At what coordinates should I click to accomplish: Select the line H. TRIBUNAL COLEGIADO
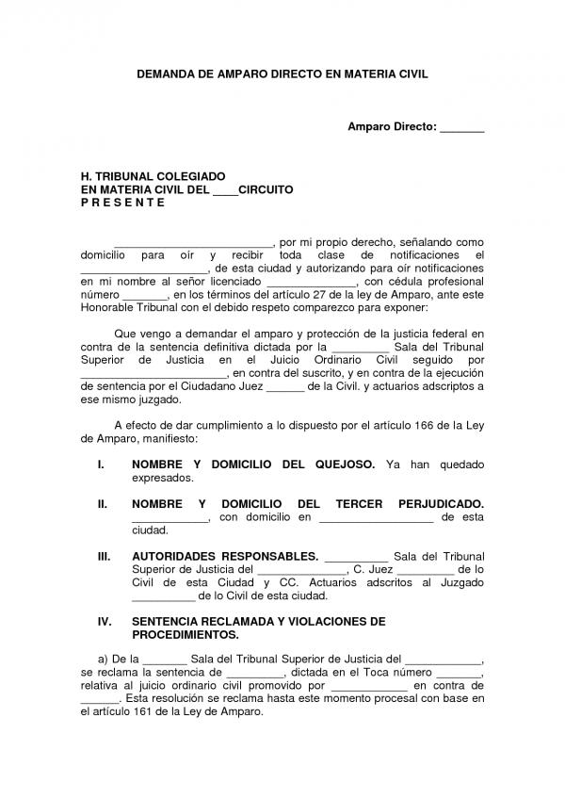pos(153,176)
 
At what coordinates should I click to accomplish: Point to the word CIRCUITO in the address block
pos(266,189)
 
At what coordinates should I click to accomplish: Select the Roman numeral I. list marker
pos(102,465)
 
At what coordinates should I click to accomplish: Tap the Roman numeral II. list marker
pos(104,504)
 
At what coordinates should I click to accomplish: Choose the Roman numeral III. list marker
pos(105,557)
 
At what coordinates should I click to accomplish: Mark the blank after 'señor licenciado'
pos(312,282)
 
